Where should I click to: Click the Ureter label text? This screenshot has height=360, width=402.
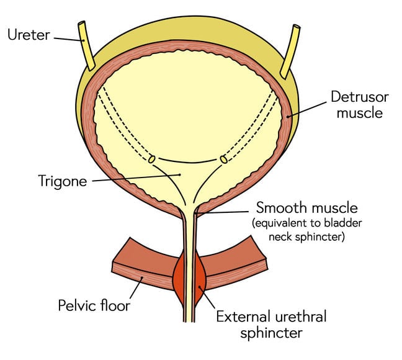coord(28,35)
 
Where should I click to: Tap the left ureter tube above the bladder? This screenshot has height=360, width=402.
coord(86,46)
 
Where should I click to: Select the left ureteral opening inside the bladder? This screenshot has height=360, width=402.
coord(151,160)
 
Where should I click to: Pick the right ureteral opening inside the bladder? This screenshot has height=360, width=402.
coord(224,160)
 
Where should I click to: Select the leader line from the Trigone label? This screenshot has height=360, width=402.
coord(136,178)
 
